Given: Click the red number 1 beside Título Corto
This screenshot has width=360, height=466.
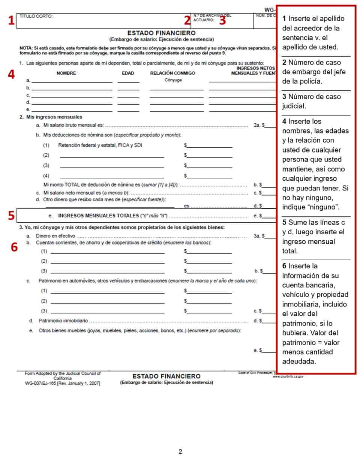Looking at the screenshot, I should [x=11, y=20].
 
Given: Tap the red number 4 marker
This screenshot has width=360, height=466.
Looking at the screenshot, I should [x=11, y=74].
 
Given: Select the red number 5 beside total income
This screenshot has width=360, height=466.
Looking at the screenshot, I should [x=11, y=216].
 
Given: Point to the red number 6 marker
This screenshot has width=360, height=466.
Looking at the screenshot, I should [x=14, y=247].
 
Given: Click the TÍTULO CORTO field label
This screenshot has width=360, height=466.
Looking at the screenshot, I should [x=36, y=16].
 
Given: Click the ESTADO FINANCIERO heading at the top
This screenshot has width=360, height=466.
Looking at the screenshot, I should [x=161, y=33].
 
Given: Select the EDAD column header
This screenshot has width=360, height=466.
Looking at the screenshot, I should [x=128, y=73].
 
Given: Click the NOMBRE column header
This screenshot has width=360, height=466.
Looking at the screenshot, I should [x=66, y=73].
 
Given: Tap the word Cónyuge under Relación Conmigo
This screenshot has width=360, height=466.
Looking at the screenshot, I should [x=173, y=80].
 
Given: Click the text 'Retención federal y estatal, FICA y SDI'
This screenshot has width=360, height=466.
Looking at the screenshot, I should [x=100, y=145].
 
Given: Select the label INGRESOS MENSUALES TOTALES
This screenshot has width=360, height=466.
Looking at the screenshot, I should [x=98, y=216].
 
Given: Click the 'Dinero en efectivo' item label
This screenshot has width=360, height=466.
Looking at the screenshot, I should [x=55, y=236].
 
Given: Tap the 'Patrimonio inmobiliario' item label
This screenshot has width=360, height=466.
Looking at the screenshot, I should [x=63, y=321].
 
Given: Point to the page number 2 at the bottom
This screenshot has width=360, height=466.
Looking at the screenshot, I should [x=180, y=451].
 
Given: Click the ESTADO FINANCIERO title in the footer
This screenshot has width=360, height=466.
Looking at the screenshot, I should [x=166, y=376].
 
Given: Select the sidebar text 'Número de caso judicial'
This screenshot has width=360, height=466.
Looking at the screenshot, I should [x=311, y=101].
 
